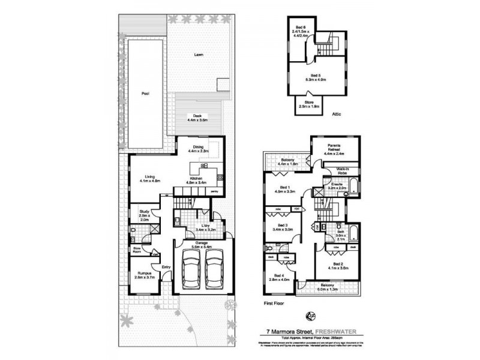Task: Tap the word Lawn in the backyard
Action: (x=199, y=55)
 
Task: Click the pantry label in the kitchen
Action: (x=214, y=191)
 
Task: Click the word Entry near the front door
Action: (x=166, y=267)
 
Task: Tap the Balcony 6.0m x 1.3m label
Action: (x=326, y=287)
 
